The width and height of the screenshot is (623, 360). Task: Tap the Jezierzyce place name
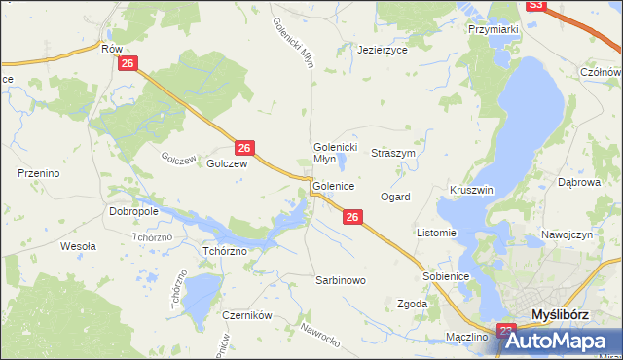pos(382,49)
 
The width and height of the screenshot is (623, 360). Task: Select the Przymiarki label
pos(493,30)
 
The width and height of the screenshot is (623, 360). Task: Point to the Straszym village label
pos(394,154)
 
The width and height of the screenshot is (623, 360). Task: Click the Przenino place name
pos(40,173)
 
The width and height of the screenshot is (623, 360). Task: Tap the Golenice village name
pos(333,185)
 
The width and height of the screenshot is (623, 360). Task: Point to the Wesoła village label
pos(78,247)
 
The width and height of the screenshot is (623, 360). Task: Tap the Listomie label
pos(436,234)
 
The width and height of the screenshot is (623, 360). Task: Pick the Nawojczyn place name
pos(568,235)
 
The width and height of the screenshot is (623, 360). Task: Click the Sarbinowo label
pos(340,280)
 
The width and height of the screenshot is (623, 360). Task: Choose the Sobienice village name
pos(447,277)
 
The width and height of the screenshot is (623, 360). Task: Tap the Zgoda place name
pos(413,305)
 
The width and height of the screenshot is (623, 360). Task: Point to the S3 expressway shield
pos(536,5)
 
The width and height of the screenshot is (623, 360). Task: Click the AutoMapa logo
pos(562,341)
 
